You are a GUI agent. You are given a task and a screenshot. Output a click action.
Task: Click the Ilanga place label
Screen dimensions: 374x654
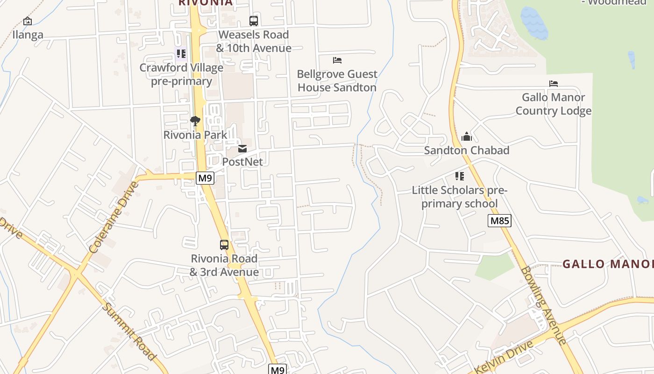[x=28, y=35]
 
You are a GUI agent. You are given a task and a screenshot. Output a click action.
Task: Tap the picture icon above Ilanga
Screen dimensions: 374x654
[x=28, y=21]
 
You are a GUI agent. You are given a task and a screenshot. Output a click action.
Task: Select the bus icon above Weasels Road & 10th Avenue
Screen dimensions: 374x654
[x=254, y=21]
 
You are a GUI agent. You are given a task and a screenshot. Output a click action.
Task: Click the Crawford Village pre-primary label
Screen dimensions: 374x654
[x=182, y=74]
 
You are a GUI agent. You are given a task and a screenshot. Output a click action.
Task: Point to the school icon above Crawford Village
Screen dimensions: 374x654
[x=181, y=54]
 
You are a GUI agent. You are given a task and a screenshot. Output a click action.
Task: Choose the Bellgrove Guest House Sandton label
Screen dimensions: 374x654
[x=337, y=81]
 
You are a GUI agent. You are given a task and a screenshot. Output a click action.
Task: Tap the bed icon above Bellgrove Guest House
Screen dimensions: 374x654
[x=337, y=60]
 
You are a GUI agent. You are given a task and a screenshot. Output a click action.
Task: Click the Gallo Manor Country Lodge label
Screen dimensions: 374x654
[x=554, y=104]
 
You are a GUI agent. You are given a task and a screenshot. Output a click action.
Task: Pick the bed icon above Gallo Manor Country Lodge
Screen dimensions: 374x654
[x=554, y=84]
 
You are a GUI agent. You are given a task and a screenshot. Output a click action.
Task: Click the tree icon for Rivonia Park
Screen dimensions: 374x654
[x=195, y=121]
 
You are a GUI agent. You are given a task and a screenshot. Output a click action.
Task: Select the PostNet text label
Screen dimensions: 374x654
[x=242, y=162]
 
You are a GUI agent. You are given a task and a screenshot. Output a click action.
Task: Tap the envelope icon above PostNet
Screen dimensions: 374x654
[x=242, y=149]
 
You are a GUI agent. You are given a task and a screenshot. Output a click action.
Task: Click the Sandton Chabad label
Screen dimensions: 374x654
[x=467, y=151]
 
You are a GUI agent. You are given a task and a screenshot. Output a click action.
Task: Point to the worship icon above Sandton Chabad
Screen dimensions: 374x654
[x=467, y=137]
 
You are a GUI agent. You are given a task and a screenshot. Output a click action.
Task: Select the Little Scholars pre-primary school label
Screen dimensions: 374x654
[x=459, y=197]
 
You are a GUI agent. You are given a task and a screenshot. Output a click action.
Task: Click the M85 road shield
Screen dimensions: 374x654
[x=499, y=221]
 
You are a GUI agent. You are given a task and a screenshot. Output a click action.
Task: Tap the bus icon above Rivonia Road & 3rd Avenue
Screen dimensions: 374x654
[x=224, y=245]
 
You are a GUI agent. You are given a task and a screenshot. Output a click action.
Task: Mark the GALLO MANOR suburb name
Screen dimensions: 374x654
[x=607, y=264]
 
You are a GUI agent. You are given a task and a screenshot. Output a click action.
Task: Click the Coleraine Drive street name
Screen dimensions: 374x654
[x=114, y=218]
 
